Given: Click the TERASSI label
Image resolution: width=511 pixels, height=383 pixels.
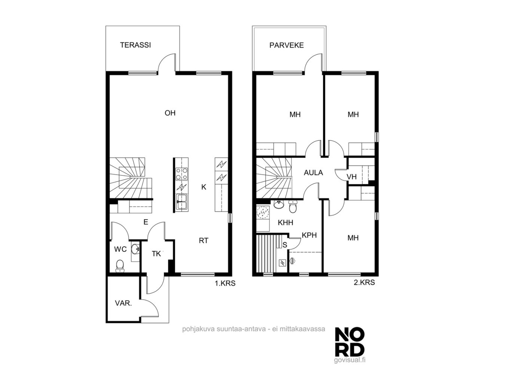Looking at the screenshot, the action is pos(135,45).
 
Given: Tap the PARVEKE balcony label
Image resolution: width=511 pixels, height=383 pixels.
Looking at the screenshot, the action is pos(286,45).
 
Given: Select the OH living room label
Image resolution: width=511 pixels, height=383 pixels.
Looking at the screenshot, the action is pos(170,113).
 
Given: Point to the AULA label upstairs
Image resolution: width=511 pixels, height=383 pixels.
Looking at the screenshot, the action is pos(313,173).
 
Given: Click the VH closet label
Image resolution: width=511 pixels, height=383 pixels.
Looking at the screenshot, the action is pos(352,177).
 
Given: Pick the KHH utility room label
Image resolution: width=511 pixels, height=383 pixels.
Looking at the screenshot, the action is pos(285,223).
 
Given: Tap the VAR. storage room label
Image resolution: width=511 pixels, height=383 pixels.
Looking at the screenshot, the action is pos(123,303).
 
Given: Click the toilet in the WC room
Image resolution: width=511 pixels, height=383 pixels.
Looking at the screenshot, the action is pos(120,266).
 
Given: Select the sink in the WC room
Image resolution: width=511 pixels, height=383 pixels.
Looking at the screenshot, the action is pos(135,250).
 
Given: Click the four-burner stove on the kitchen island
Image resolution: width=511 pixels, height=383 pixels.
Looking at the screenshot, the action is pos(181,174).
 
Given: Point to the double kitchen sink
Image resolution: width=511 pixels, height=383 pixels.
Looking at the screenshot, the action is pos(182,202).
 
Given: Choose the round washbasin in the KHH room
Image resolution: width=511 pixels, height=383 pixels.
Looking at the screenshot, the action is pos(278,205).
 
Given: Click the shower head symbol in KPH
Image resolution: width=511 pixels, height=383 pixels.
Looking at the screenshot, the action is pos(292,261).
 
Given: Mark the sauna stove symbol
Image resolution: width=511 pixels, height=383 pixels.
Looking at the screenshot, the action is pos(282,263).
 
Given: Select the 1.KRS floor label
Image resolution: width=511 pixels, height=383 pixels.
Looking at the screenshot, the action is pos(225,283).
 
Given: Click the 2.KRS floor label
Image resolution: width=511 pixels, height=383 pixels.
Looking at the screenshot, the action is pos(364,282).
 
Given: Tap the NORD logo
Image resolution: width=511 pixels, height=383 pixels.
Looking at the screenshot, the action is pos(350,345).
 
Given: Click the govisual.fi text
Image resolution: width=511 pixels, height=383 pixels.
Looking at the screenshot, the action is pos(349,366).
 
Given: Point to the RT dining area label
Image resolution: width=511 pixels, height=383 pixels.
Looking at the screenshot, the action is pos(204,241).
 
